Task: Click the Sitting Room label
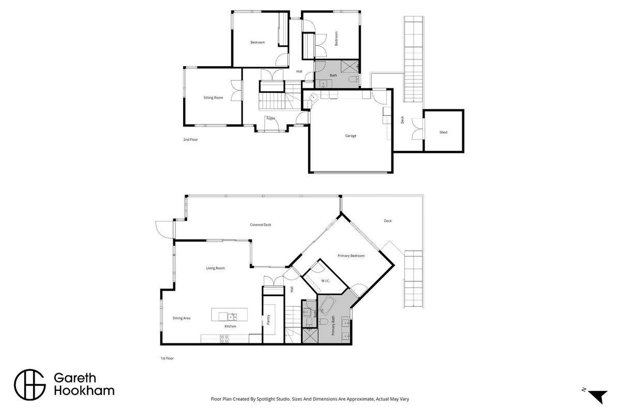tap(213, 98)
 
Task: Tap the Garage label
tap(351, 136)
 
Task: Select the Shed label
tap(443, 132)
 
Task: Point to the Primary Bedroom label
tap(351, 256)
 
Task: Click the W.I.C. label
tap(325, 281)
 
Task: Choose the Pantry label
tap(268, 320)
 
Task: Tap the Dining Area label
tap(182, 318)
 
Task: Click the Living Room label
tap(216, 268)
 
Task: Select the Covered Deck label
tap(261, 225)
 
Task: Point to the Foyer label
tap(270, 118)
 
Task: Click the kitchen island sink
tap(232, 316)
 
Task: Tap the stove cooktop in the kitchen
tap(224, 338)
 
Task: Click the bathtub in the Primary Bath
tap(327, 306)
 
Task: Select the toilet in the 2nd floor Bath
tap(352, 80)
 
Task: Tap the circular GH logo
tap(30, 385)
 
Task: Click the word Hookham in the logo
tap(84, 391)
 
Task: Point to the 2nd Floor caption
tap(191, 140)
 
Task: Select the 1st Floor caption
tap(167, 358)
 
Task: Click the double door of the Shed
tap(417, 129)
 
